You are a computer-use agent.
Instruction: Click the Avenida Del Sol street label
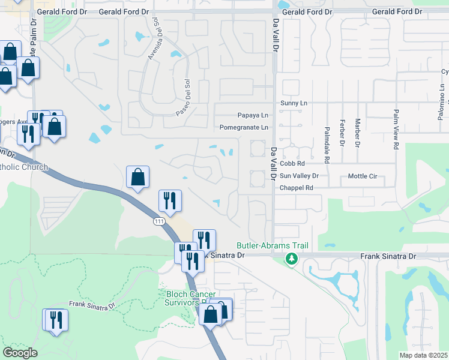[152, 39]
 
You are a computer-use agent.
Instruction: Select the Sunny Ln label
[294, 103]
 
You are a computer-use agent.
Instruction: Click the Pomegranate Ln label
[244, 127]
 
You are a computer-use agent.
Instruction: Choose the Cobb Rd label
[292, 163]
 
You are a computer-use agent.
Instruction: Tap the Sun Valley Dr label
[299, 176]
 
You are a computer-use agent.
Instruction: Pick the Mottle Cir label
[362, 176]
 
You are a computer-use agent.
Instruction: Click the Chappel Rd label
[297, 188]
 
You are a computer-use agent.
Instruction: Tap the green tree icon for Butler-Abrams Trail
[292, 259]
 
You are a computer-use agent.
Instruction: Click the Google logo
[20, 353]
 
